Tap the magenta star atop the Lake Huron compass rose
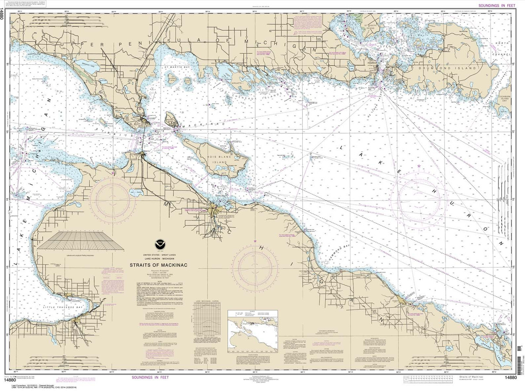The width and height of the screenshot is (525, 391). [x=418, y=165]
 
